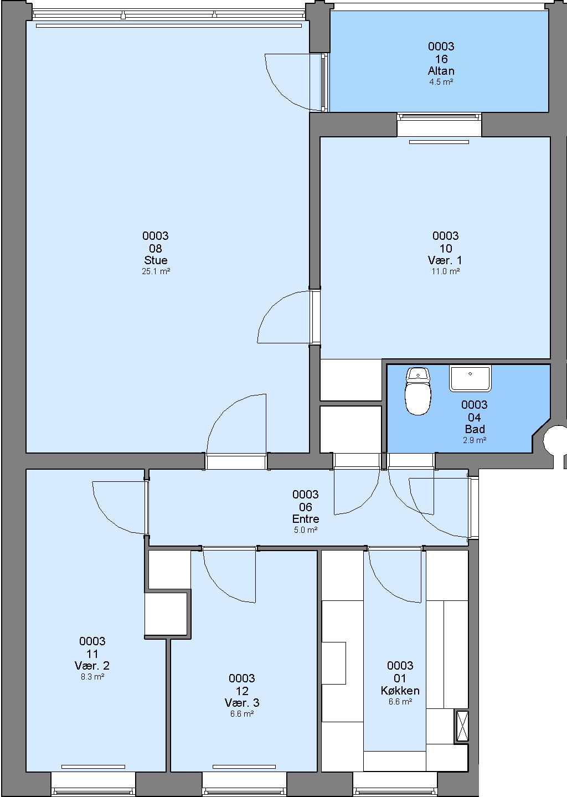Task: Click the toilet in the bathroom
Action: (418, 391)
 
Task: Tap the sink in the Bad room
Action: (470, 378)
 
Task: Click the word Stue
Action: (156, 260)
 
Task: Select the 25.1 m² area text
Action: (156, 271)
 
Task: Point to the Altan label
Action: (441, 71)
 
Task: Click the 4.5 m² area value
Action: (441, 82)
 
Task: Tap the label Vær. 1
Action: (445, 260)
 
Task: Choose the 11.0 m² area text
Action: (446, 271)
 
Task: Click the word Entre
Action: (306, 519)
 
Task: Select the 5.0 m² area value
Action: (306, 530)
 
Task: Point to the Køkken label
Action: (400, 691)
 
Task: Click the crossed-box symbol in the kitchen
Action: (462, 726)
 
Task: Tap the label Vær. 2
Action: (92, 665)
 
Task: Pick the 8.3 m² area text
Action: (92, 677)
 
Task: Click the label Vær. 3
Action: (242, 703)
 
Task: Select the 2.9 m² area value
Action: (475, 440)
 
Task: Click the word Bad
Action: (475, 429)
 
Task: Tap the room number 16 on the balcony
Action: (441, 59)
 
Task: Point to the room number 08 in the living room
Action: (156, 248)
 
